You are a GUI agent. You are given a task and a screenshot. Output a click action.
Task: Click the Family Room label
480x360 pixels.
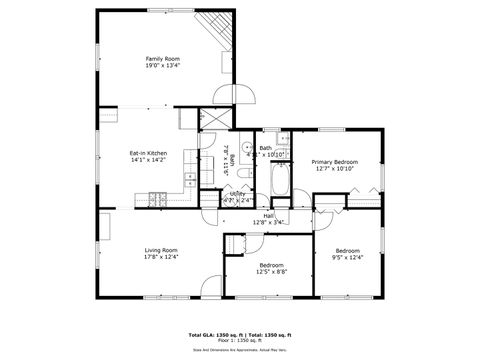coord(163,59)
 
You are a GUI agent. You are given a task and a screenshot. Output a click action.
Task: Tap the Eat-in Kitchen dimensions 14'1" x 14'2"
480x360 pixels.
coord(147,159)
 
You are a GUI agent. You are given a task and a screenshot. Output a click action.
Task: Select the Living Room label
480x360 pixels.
coord(161,250)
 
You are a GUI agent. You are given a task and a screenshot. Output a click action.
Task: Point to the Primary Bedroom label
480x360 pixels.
coord(334,161)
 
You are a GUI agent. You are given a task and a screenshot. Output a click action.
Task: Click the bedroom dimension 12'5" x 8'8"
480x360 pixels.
coord(271,272)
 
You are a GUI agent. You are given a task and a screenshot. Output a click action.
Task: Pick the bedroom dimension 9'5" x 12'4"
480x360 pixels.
coord(348,257)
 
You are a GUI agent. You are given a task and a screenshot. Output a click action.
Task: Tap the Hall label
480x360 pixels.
coord(269,215)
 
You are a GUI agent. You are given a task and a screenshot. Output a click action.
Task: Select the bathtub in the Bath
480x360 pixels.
coord(280,183)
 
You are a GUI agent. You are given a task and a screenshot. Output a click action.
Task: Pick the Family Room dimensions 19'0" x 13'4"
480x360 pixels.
coord(163,66)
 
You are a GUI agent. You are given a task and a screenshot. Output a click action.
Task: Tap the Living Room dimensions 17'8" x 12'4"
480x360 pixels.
coord(161,257)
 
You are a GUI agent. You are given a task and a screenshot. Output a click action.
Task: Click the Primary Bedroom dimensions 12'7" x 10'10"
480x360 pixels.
coord(334,168)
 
